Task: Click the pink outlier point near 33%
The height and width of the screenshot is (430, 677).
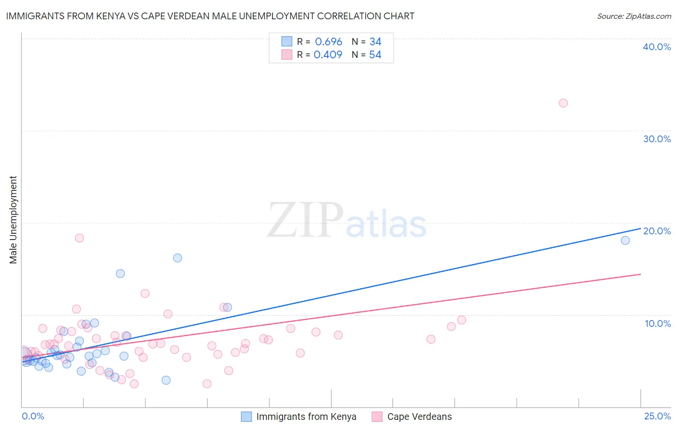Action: [x=563, y=103]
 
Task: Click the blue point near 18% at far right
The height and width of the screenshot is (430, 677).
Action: [x=625, y=240]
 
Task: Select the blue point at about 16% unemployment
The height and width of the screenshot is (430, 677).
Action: [x=177, y=258]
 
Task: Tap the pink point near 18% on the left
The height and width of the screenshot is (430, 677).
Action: [x=79, y=238]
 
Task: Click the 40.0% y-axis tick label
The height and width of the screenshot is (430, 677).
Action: [x=657, y=47]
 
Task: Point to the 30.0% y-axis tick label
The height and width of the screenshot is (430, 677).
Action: [x=657, y=139]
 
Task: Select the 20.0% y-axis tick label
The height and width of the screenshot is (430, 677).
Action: [x=657, y=231]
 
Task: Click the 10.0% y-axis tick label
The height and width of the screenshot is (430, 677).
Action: [x=658, y=323]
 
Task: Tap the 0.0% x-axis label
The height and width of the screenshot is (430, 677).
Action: [x=33, y=417]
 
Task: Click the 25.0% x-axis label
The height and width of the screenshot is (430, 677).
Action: [x=657, y=417]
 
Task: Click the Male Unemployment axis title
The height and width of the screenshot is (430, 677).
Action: [x=13, y=220]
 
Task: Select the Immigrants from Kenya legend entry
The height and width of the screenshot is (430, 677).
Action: [x=306, y=417]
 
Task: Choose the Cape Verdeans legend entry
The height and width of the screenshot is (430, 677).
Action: [x=419, y=417]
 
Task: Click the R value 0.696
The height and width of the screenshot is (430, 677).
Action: [x=328, y=42]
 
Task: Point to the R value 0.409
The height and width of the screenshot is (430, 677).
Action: [x=328, y=55]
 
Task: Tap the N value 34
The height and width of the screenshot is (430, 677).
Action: [x=375, y=42]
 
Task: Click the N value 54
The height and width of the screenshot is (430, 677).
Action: [x=375, y=55]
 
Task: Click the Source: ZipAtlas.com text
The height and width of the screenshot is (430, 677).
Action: [x=634, y=16]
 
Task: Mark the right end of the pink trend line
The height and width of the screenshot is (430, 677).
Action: [x=640, y=274]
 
